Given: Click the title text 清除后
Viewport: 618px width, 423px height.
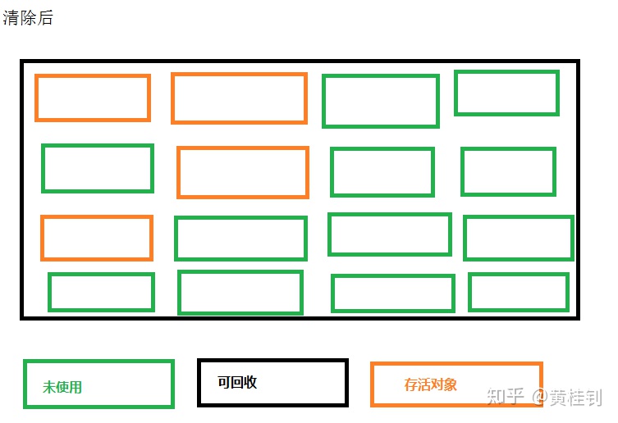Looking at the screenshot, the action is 28,18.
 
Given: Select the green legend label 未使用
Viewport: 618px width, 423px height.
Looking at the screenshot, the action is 62,387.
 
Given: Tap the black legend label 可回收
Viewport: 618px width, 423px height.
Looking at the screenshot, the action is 237,382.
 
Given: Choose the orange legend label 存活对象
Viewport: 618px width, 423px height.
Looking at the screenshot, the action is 431,384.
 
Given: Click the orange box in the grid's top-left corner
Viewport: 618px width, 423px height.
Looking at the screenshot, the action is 93,98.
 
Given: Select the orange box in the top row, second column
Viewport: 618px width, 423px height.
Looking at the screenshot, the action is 239,98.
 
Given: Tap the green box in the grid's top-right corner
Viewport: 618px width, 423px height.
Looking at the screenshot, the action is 506,93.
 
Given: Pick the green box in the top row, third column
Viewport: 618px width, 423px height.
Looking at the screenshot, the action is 381,101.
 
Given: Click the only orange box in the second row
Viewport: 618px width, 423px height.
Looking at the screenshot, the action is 243,172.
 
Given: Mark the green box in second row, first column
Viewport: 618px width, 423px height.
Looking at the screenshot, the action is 98,168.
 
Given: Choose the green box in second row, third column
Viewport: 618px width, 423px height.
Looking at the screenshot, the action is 382,172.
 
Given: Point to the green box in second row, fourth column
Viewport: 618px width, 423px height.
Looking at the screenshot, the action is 509,171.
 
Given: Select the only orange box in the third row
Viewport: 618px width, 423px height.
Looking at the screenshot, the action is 97,238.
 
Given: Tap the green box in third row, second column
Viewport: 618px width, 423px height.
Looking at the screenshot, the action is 240,239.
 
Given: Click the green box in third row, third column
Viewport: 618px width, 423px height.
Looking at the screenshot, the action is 390,234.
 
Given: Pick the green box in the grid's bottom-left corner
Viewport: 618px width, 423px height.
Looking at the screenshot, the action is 101,292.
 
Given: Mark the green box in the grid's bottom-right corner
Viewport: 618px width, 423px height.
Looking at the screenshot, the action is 519,292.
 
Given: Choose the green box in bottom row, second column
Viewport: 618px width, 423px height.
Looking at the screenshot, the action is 240,293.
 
